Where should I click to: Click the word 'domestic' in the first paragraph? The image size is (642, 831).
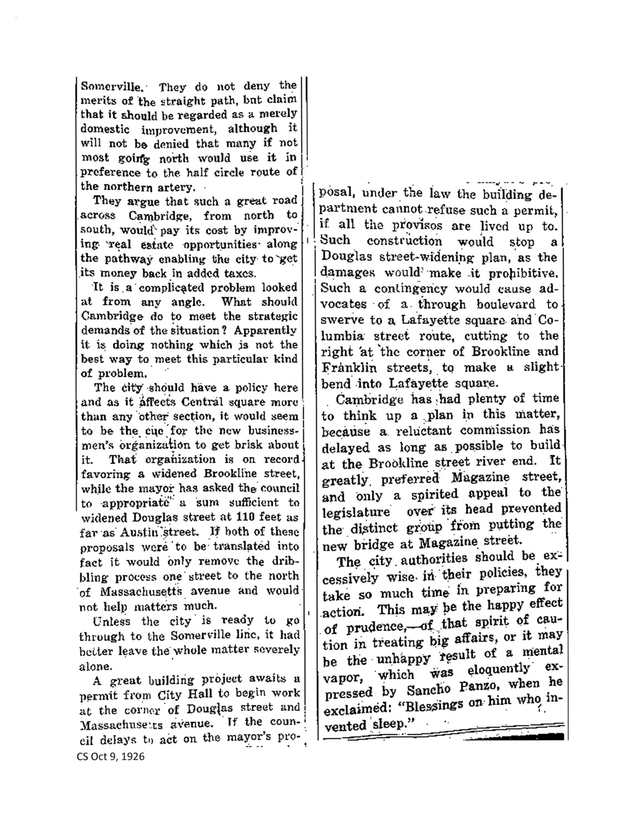tap(105, 129)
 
